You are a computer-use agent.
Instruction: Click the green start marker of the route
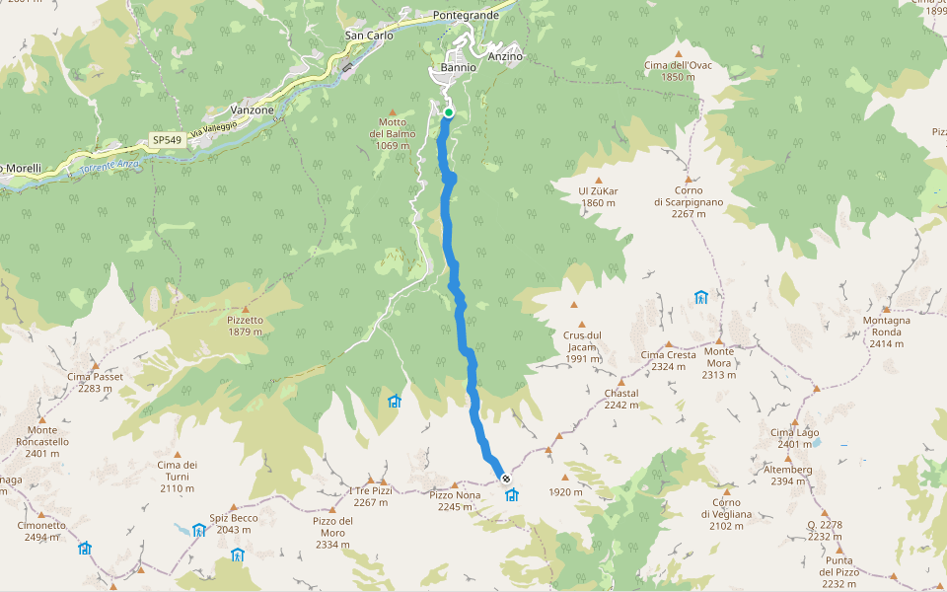tap(449, 112)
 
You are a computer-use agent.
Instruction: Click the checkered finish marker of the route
tap(506, 479)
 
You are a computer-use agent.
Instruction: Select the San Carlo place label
tap(369, 36)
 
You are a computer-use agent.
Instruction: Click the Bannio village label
tap(459, 68)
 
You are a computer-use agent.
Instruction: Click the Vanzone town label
tap(252, 111)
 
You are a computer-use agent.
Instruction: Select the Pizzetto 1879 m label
tap(245, 326)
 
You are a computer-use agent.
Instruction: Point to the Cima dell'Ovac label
tap(678, 71)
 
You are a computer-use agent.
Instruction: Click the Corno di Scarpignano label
tap(689, 195)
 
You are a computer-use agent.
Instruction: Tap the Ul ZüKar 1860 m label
tap(598, 196)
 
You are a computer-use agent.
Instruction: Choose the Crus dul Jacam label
tap(583, 341)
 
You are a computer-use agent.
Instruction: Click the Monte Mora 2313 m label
tap(719, 362)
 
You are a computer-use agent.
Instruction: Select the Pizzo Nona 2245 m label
tap(455, 500)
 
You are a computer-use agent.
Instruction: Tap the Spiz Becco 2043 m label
tap(233, 524)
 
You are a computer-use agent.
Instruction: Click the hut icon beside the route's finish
tap(512, 494)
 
